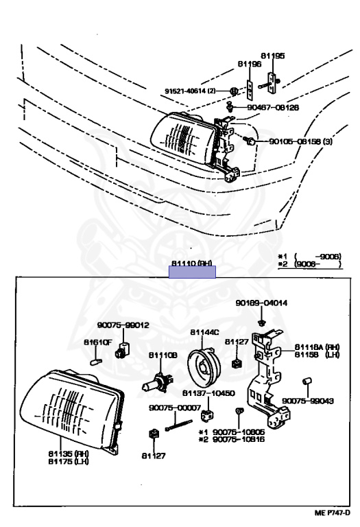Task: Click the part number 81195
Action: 272,56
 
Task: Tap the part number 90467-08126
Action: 274,108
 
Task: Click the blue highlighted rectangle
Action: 192,272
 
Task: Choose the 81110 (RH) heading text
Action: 192,263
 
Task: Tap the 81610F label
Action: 97,341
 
